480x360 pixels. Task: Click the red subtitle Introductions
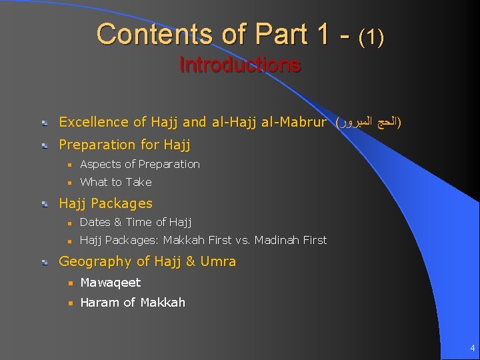click(x=240, y=65)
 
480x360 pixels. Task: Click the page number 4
click(x=472, y=347)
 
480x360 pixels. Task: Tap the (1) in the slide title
click(x=371, y=37)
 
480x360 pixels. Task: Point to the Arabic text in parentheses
click(x=369, y=122)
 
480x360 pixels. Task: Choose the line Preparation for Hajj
click(x=125, y=145)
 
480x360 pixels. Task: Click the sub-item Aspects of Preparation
click(x=139, y=164)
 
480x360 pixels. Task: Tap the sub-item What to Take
click(x=115, y=182)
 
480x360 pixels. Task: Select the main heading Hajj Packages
click(x=105, y=203)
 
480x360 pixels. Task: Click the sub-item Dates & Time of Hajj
click(x=135, y=222)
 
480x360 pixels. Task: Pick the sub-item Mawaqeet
click(x=110, y=283)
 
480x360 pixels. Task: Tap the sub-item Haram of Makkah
click(x=132, y=303)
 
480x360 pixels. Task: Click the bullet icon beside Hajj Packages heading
click(x=43, y=204)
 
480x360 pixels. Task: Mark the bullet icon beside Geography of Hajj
click(x=43, y=262)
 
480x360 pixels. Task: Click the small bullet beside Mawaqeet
click(x=67, y=283)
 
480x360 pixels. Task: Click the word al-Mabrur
click(x=295, y=122)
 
